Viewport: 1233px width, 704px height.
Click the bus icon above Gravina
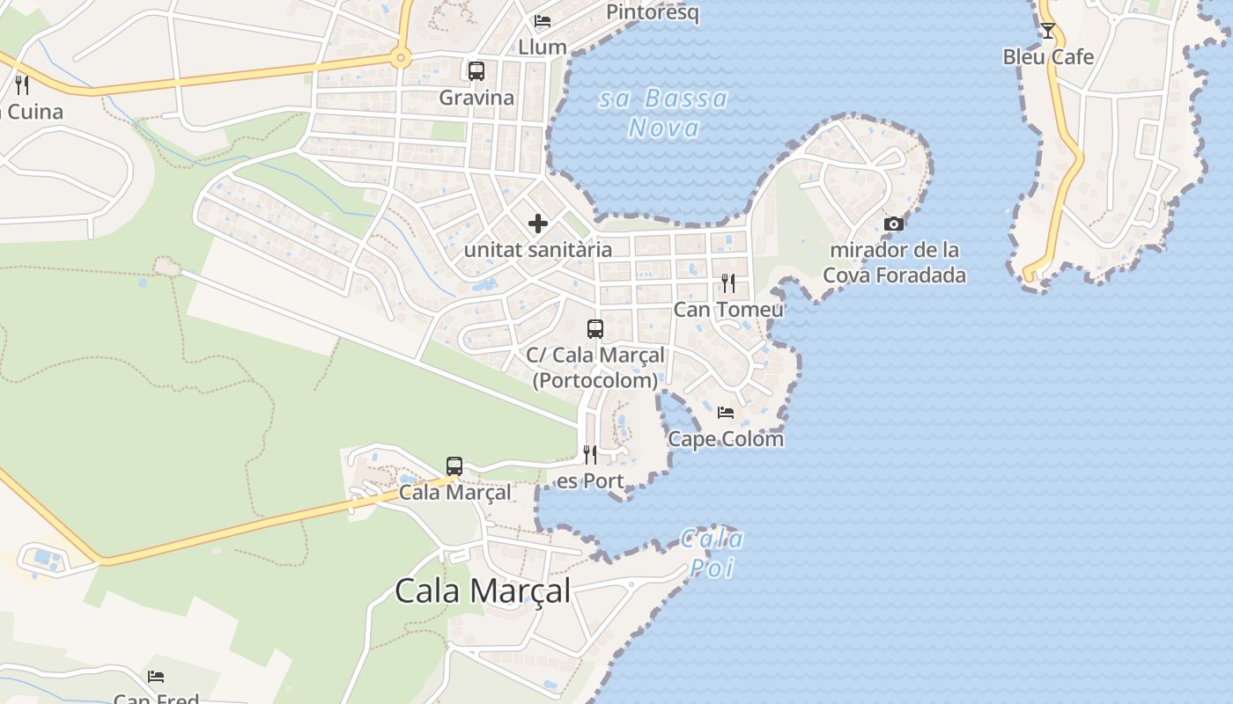476,71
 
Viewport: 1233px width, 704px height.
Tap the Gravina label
476,98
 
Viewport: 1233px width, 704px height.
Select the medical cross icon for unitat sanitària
538,224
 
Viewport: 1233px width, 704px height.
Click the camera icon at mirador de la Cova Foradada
894,224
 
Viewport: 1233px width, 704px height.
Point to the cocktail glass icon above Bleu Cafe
1047,31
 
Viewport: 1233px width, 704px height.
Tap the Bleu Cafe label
1048,57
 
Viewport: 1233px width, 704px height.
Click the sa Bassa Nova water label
664,113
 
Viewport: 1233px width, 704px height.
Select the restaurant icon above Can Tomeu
728,282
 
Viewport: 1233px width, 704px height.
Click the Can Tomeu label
728,310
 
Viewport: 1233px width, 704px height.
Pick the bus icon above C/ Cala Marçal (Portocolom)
595,329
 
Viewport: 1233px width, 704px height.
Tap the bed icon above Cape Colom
726,412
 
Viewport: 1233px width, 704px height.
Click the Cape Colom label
726,438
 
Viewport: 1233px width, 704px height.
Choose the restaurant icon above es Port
590,455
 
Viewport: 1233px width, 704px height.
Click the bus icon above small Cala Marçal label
454,466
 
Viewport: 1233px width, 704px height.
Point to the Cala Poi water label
712,554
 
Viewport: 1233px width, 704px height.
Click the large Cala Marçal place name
483,590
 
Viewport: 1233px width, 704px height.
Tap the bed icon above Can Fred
156,676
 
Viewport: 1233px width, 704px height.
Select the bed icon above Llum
543,21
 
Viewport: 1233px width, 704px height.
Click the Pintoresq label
653,12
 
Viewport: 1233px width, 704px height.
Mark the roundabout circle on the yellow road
401,60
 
